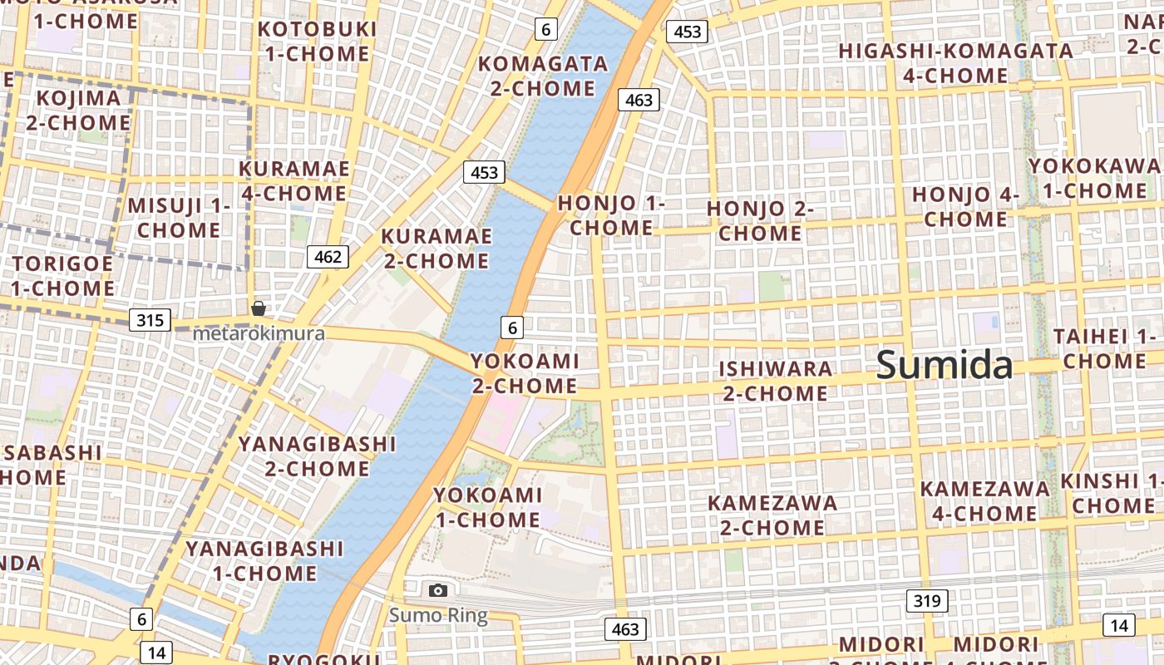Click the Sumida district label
pos(945,365)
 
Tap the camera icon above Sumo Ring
pos(438,591)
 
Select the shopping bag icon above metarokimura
pos(259,308)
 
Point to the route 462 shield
pos(328,257)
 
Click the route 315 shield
pos(150,320)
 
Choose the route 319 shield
pos(926,601)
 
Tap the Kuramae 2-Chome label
pos(435,249)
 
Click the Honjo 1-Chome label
pos(611,215)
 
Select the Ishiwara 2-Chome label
pos(775,381)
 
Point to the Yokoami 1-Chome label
pos(487,508)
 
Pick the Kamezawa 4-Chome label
pos(984,501)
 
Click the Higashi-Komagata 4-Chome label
pos(955,63)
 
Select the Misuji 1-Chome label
pos(178,218)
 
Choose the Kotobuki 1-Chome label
pos(316,42)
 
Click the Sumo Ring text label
pos(438,616)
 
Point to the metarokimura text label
pos(259,333)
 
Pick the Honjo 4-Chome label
pos(965,207)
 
